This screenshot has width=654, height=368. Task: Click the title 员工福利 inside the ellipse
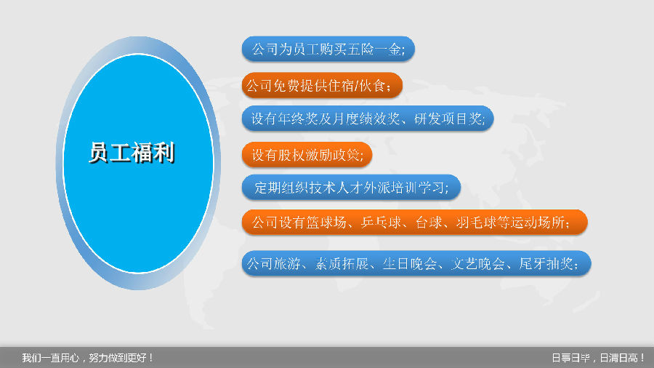click(132, 152)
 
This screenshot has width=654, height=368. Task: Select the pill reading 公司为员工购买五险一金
click(328, 49)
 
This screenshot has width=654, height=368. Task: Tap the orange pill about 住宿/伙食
click(322, 85)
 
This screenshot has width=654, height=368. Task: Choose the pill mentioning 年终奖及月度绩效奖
click(368, 119)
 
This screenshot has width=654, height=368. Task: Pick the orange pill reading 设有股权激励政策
click(307, 154)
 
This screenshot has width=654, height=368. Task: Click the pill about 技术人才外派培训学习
click(351, 188)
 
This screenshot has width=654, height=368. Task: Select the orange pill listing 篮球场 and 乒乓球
click(415, 222)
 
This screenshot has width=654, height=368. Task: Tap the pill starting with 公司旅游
click(416, 263)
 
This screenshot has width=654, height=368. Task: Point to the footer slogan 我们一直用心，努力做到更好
click(88, 358)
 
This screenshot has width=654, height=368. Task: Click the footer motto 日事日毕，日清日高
click(599, 358)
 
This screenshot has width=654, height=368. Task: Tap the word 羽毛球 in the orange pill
click(476, 223)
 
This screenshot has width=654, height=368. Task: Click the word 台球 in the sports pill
click(429, 223)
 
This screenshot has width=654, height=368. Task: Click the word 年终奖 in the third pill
click(298, 119)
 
